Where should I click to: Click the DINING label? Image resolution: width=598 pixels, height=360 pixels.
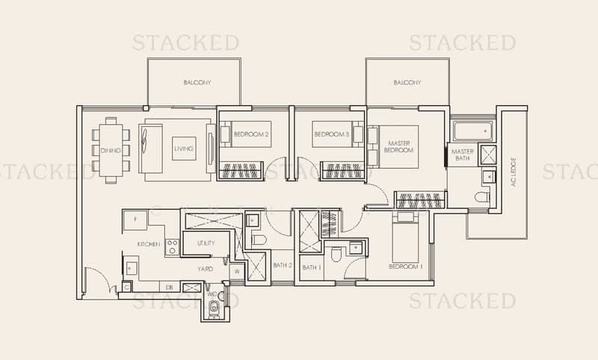click(x=110, y=149)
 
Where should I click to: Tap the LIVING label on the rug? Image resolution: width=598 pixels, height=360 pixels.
click(x=184, y=149)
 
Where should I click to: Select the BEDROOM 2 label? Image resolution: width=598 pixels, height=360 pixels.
click(x=250, y=134)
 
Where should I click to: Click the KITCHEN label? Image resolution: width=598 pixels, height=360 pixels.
click(x=149, y=244)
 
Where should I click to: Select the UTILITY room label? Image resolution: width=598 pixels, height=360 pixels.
click(x=206, y=243)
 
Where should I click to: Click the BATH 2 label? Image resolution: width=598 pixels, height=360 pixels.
click(x=282, y=265)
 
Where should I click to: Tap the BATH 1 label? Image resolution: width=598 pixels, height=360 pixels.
click(x=311, y=267)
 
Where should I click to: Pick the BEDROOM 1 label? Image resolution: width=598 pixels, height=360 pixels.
click(x=405, y=267)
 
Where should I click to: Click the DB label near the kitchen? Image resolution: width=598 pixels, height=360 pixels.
click(x=170, y=286)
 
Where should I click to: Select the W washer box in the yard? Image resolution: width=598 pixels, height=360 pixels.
click(x=237, y=271)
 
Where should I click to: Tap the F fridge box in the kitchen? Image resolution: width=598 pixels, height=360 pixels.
click(x=135, y=220)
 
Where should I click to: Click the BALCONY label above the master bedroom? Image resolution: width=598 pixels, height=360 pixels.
click(x=407, y=83)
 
